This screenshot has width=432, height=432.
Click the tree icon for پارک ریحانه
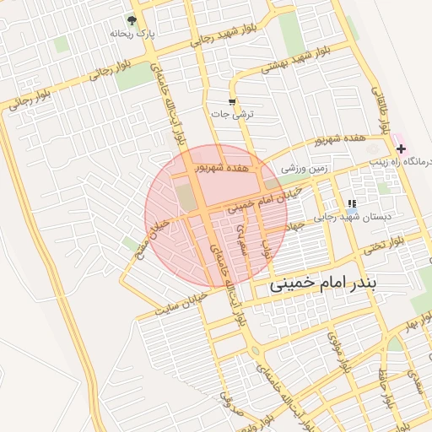pyautogui.click(x=132, y=19)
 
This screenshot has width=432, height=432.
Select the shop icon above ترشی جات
pyautogui.click(x=232, y=102)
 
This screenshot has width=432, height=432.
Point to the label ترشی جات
pyautogui.click(x=234, y=114)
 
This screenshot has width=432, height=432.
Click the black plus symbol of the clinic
pyautogui.click(x=401, y=148)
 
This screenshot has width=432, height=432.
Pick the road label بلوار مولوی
pyautogui.click(x=343, y=354)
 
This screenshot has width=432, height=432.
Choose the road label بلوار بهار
pyautogui.click(x=417, y=325)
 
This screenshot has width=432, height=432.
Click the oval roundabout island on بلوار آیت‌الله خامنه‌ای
pyautogui.click(x=254, y=350)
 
